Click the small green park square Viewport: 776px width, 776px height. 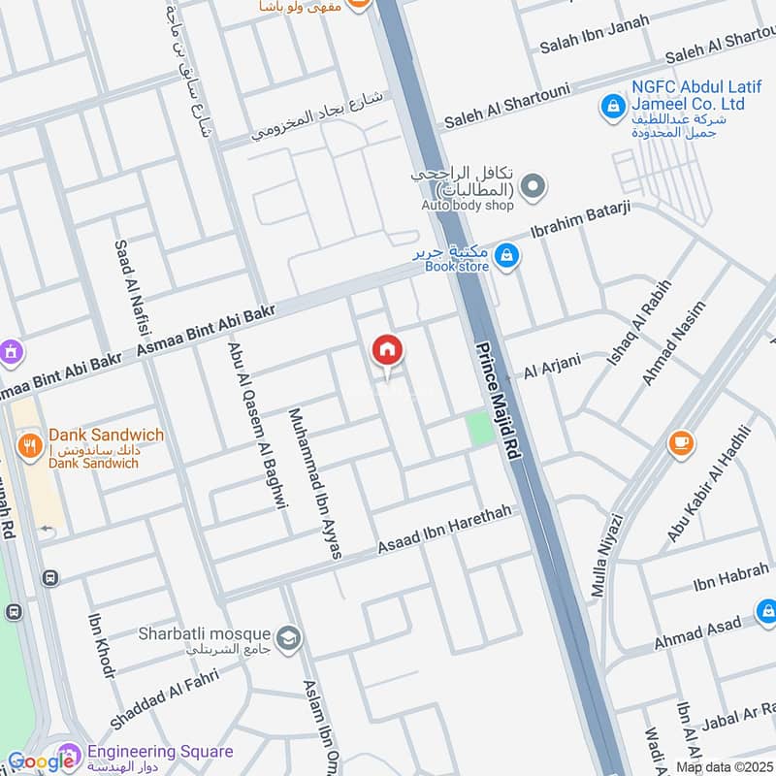[x=478, y=429]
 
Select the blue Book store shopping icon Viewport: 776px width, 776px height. [x=505, y=256]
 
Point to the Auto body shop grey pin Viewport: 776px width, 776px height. [x=532, y=185]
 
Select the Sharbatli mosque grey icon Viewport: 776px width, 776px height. [x=288, y=637]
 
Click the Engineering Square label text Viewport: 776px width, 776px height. [x=160, y=752]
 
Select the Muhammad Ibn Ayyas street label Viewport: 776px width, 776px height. [x=315, y=482]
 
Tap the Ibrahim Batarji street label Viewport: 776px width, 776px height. [x=582, y=221]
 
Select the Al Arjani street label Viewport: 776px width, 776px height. [x=552, y=368]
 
